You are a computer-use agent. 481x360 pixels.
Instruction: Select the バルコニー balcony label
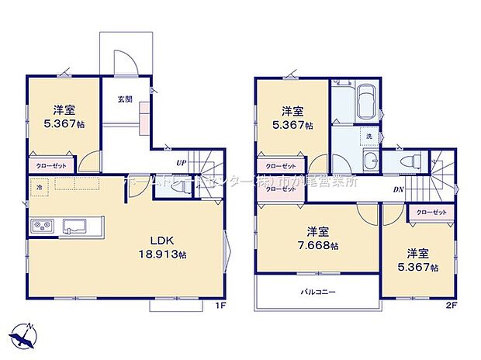(x=317, y=292)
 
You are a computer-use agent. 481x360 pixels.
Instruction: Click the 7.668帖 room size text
(x=321, y=246)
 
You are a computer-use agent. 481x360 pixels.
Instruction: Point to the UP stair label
(x=180, y=163)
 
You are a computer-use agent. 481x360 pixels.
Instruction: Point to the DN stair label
(x=398, y=189)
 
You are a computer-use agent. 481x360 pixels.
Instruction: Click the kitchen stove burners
(x=41, y=227)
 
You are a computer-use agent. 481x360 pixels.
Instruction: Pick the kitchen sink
(x=76, y=227)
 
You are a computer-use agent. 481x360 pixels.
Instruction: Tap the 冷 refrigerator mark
(x=39, y=186)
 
